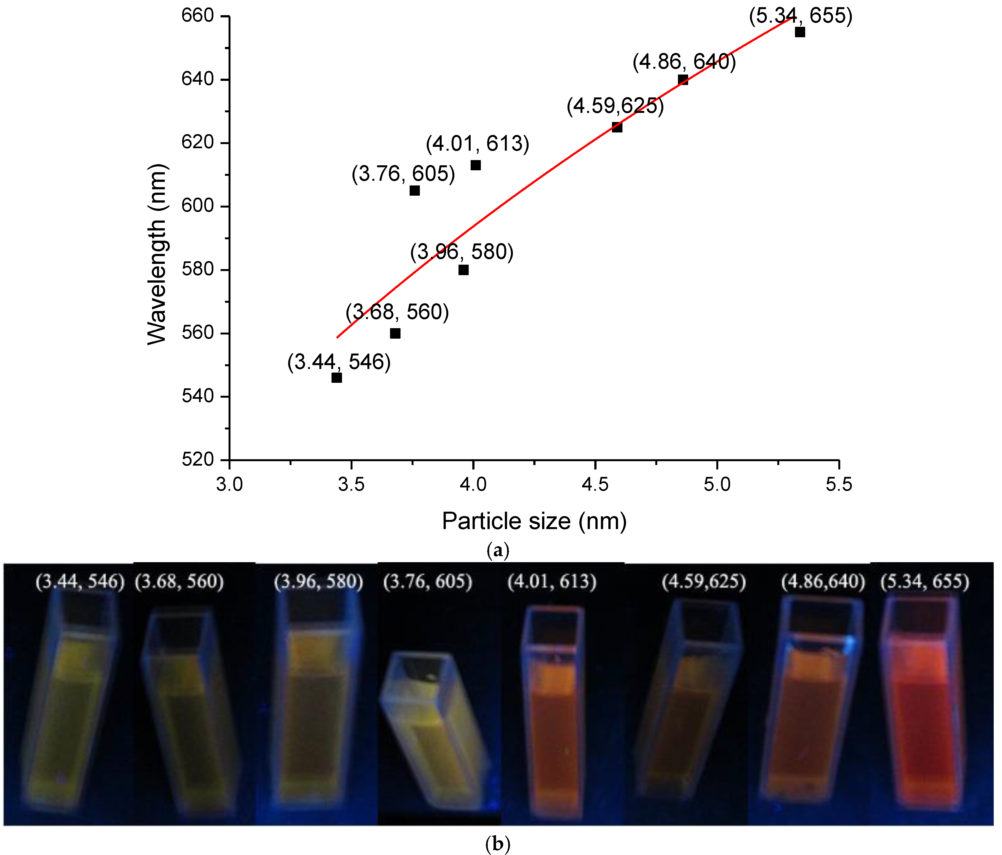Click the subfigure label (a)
[x=498, y=550]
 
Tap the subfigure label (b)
[x=498, y=844]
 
